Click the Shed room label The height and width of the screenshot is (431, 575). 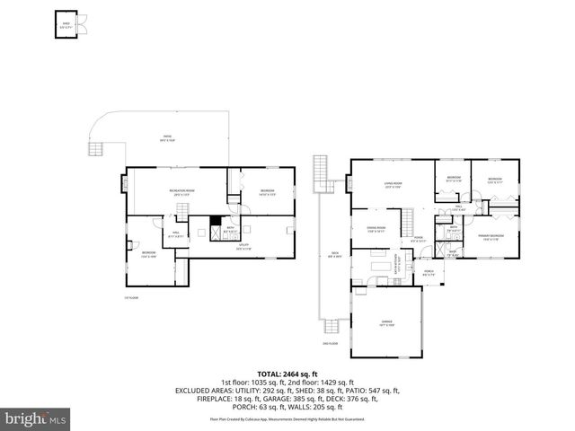click(64, 26)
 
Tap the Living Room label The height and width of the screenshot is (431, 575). click(393, 186)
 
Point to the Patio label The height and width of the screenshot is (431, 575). click(167, 139)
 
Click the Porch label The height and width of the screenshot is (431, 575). click(429, 272)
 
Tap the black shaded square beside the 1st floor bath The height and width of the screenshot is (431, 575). click(215, 224)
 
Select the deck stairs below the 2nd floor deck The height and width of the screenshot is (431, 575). click(338, 327)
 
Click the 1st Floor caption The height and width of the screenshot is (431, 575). click(131, 297)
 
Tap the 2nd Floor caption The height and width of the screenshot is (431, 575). click(330, 343)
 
